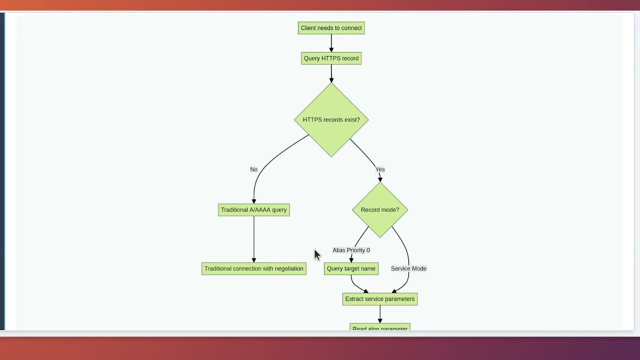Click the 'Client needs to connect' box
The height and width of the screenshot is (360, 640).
coord(331,28)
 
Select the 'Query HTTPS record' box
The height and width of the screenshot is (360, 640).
coord(331,58)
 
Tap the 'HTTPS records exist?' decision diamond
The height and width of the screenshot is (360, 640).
coord(331,120)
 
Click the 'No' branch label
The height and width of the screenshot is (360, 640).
coord(253,169)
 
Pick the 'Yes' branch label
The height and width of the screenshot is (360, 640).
coord(380,169)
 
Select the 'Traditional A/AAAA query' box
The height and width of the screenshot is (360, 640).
coord(253,210)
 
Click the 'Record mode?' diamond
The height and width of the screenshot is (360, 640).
coord(379,210)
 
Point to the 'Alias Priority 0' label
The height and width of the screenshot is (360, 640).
coord(351,250)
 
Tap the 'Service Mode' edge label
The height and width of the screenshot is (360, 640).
coord(408,268)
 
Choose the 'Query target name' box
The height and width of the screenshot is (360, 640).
coord(351,268)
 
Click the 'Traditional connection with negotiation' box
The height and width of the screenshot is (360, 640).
coord(253,268)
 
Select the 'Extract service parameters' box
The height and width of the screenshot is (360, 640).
coord(379,299)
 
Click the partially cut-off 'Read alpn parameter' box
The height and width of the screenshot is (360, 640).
coord(379,327)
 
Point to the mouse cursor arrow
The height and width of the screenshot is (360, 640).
coord(316,254)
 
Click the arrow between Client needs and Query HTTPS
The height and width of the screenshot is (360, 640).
coord(331,43)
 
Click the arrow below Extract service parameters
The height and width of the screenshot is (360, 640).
coord(379,314)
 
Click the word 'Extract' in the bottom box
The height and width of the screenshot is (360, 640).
coord(354,299)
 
